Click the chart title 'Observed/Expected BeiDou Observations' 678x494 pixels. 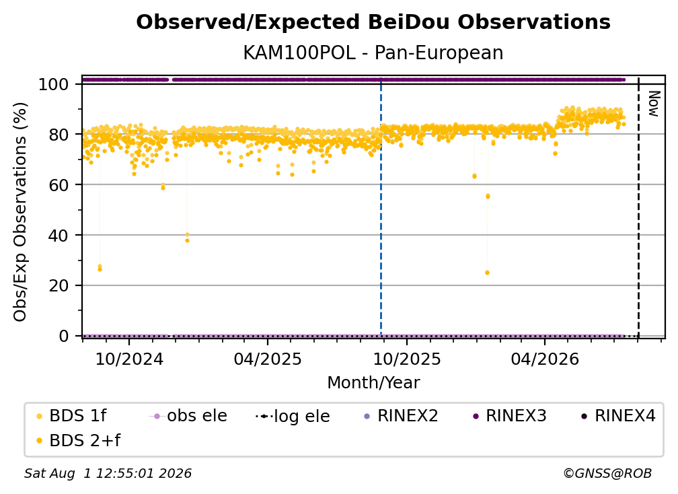coord(373,22)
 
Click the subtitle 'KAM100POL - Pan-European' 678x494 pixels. coord(373,52)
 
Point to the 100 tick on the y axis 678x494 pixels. coord(54,84)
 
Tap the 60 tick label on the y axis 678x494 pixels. coord(59,185)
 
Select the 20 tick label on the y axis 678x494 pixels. coord(59,286)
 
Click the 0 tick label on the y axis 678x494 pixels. coord(64,336)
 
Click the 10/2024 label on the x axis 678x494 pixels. coord(129,359)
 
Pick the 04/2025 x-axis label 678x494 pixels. coord(268,359)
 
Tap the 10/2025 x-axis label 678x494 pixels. coord(407,359)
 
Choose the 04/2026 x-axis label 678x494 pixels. coord(545,359)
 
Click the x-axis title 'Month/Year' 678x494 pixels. coord(373,383)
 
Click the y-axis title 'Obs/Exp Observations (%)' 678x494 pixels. coord(20,212)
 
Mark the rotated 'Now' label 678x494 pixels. coord(653,104)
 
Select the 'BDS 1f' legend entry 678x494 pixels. coord(71,416)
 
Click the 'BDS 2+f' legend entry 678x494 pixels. coord(78,440)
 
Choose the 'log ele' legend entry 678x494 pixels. coord(293,416)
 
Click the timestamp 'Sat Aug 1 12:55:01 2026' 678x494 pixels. coord(108,473)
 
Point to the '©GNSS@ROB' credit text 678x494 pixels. coord(607,473)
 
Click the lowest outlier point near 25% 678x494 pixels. coord(487,273)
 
